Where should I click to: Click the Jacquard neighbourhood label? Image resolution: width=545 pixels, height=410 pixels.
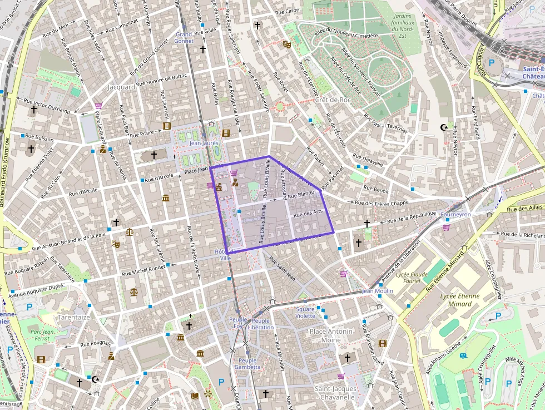[121, 87]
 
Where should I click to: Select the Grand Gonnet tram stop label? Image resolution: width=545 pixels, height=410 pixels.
[184, 37]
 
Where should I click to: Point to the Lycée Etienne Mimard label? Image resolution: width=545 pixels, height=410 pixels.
[459, 300]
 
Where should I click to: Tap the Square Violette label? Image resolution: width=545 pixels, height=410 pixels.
[305, 312]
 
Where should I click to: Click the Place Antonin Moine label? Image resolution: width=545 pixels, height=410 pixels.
[331, 335]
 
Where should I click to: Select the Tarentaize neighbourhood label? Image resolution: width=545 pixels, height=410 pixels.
[73, 317]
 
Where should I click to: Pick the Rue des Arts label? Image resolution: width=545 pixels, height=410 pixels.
[308, 213]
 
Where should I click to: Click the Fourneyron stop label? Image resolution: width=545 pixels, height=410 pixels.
[455, 214]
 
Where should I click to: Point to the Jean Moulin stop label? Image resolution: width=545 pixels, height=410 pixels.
[377, 291]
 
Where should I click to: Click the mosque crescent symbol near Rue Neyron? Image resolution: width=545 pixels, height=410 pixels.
[444, 127]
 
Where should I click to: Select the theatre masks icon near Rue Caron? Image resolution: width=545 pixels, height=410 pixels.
[287, 44]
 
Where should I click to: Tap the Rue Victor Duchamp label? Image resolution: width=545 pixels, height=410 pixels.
[47, 106]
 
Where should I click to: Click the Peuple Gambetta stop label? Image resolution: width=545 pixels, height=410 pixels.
[247, 364]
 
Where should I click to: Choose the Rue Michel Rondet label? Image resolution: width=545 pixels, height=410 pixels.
[142, 270]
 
